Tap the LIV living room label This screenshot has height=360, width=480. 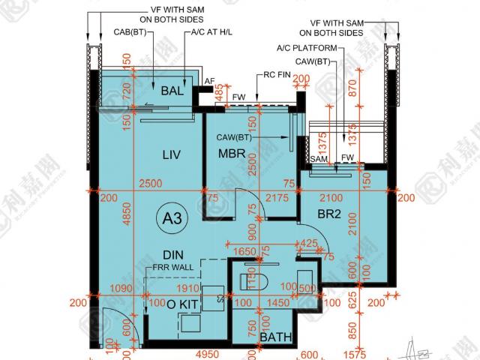click(172, 154)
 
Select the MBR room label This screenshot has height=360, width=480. click(232, 154)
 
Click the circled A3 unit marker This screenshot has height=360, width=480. click(173, 219)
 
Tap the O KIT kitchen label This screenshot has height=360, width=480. click(182, 304)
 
